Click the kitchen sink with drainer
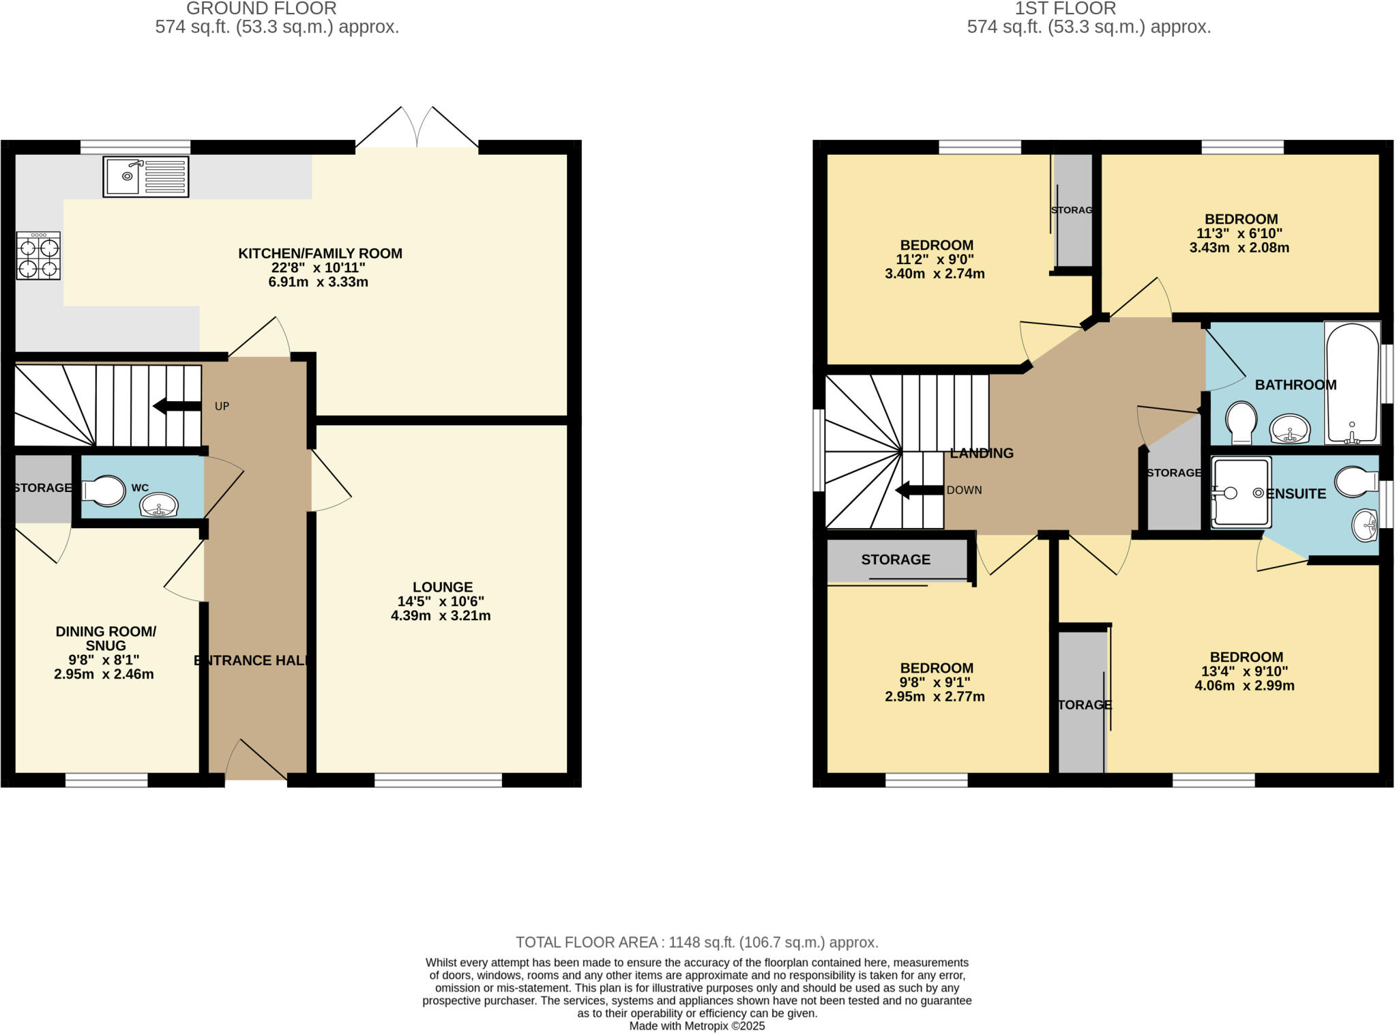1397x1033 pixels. (145, 177)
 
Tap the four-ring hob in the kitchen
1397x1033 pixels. (38, 256)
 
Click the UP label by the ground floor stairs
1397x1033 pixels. (222, 406)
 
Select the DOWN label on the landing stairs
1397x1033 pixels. (964, 490)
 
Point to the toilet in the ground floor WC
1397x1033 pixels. (104, 491)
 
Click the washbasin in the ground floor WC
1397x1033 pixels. (158, 506)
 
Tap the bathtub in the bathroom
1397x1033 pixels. (1352, 383)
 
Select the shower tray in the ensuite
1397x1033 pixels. (1241, 492)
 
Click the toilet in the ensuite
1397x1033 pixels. (1355, 482)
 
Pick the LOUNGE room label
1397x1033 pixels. (442, 587)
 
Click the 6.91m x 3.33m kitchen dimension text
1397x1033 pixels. (318, 282)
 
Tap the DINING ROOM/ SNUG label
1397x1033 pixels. (106, 638)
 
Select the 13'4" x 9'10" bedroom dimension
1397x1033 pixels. (1244, 671)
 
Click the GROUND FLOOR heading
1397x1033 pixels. (261, 9)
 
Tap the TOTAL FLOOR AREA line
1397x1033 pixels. (696, 942)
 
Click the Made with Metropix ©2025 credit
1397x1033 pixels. (696, 1026)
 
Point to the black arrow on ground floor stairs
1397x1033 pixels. (176, 407)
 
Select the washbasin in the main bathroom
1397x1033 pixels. (1289, 429)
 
